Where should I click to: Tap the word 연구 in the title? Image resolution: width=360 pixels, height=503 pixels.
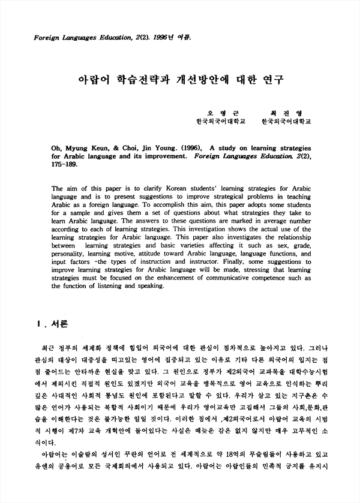(271, 79)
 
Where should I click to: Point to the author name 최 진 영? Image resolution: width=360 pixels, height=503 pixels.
(281, 113)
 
